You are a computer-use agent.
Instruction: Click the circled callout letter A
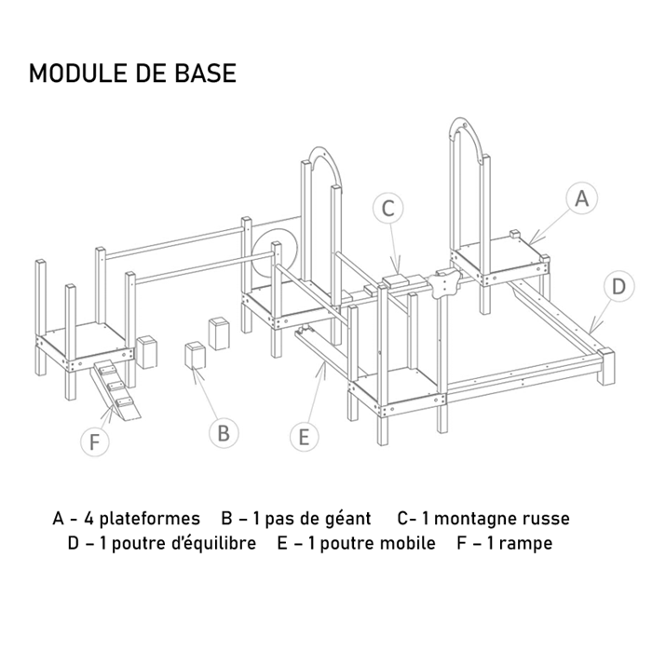581,197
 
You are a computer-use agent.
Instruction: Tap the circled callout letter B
224,433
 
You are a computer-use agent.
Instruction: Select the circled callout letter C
388,208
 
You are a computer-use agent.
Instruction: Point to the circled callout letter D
618,287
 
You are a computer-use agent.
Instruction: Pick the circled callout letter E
305,437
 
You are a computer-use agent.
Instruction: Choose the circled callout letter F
95,441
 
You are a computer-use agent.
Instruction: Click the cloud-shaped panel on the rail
443,283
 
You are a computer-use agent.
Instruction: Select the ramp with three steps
116,388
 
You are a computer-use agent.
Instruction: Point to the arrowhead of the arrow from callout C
396,269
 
